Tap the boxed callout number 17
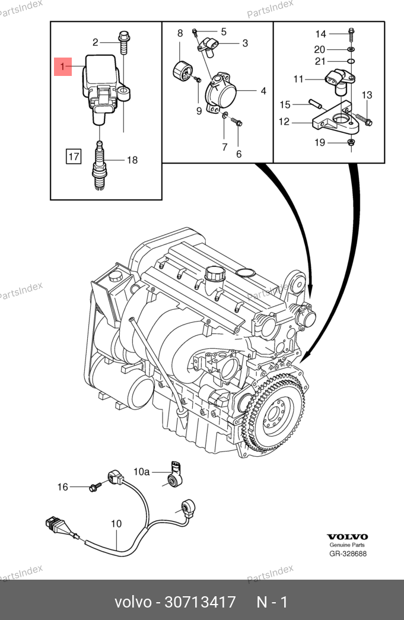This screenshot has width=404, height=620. [x=73, y=157]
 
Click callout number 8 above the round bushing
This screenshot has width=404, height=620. [x=180, y=34]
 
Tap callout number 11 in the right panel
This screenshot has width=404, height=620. [x=298, y=79]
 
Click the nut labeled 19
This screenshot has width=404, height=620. [x=351, y=143]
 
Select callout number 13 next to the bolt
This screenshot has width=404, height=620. [x=367, y=95]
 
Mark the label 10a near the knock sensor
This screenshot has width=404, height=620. [x=141, y=472]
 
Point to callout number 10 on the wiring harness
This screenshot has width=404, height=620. [x=116, y=524]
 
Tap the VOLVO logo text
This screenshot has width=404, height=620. [x=348, y=536]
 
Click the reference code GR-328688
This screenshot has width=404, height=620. [x=348, y=554]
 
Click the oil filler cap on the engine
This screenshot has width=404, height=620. [x=214, y=275]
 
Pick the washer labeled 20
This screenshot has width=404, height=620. [x=351, y=49]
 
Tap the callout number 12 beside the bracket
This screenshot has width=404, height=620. [x=284, y=122]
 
